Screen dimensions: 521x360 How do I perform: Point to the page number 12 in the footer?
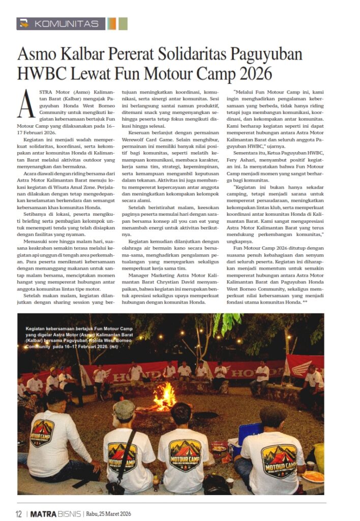tap(18, 513)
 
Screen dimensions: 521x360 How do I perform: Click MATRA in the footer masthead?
tap(45, 513)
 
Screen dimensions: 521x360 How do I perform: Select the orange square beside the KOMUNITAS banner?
tap(112, 24)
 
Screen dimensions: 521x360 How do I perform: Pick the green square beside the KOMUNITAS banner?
tap(123, 24)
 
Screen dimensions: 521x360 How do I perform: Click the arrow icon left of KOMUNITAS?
tap(23, 24)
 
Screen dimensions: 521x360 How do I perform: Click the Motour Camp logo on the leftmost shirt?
tap(43, 432)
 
